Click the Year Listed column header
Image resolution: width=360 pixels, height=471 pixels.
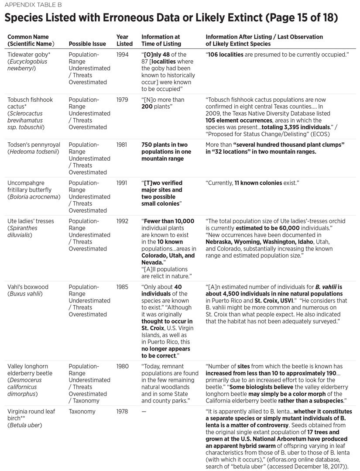124,40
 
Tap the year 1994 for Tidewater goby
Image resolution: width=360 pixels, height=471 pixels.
123,55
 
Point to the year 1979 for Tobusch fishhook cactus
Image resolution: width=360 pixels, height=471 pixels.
123,100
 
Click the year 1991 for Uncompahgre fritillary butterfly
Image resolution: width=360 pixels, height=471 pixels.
123,183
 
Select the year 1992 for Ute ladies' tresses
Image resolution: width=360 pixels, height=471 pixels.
123,221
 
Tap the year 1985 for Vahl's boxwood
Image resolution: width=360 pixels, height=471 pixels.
123,287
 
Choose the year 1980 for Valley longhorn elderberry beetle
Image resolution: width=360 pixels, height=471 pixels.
123,367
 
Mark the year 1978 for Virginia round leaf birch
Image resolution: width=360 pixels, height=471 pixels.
123,412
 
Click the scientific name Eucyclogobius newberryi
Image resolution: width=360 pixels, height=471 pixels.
27,65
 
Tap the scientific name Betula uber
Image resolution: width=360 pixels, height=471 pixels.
25,425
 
